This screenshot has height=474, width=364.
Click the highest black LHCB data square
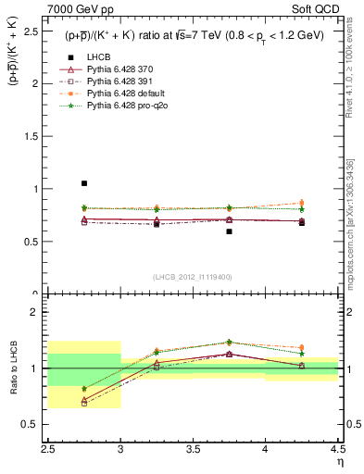coord(84,183)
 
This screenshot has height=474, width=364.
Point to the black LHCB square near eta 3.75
coord(229,231)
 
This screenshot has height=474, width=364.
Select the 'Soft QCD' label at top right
coord(315,9)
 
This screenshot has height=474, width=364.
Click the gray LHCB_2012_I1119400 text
coord(193,277)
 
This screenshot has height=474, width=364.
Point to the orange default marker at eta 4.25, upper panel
coord(301,203)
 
